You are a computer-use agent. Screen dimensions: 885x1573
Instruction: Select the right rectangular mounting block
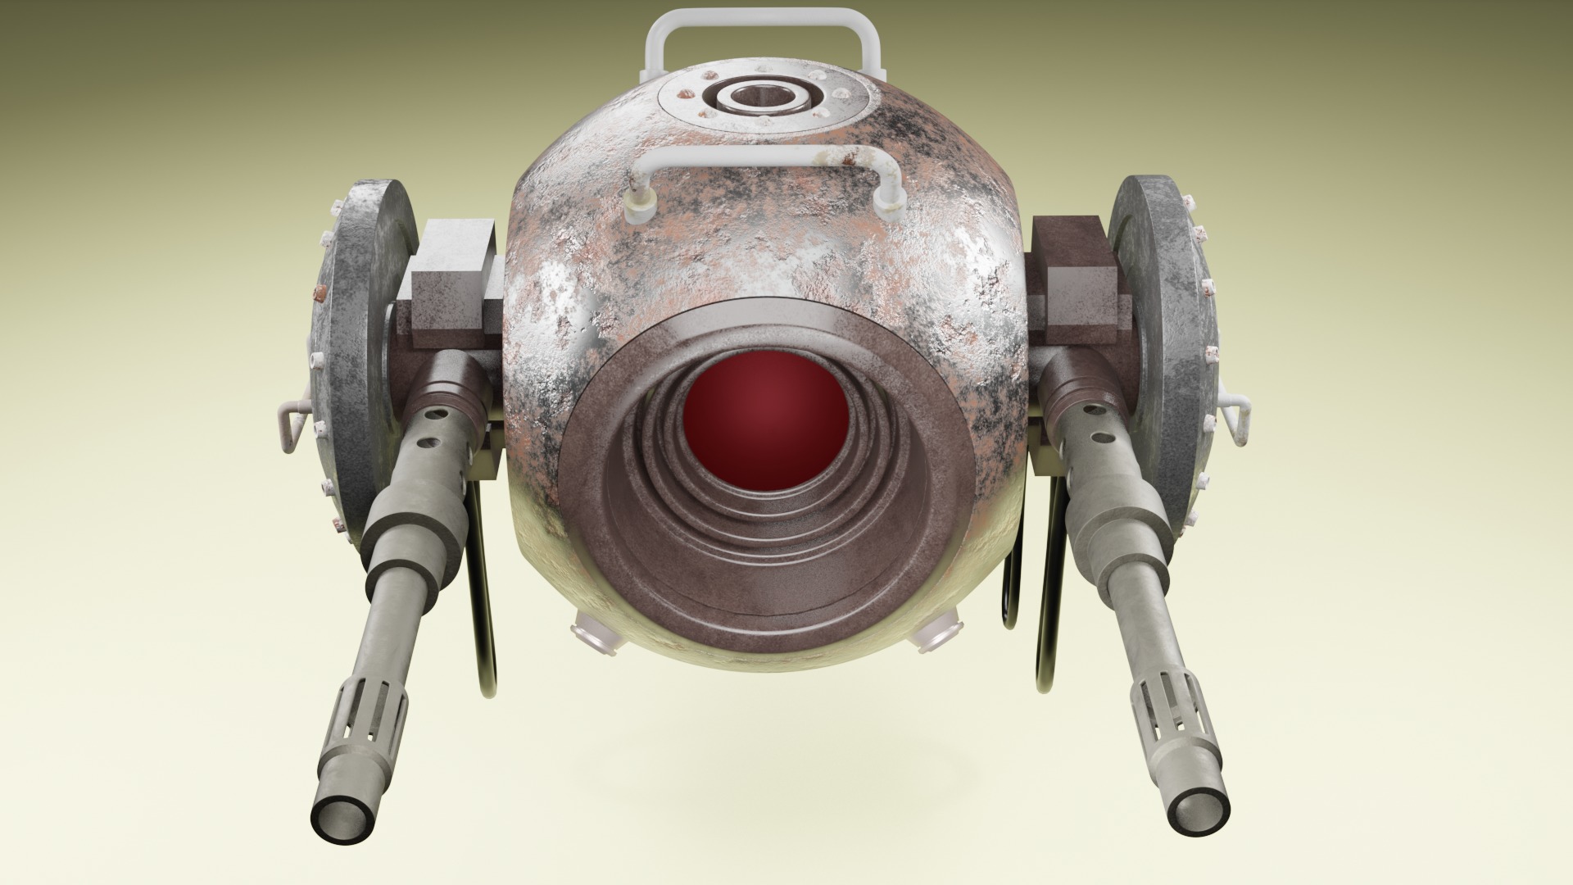tap(1077, 279)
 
